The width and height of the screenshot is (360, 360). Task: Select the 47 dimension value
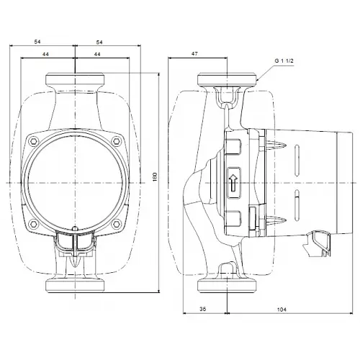click(x=194, y=54)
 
